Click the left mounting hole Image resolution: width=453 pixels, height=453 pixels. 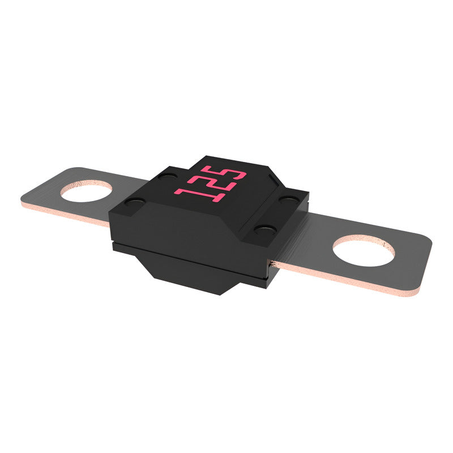point(87,193)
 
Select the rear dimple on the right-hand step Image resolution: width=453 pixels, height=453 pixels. point(289,199)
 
